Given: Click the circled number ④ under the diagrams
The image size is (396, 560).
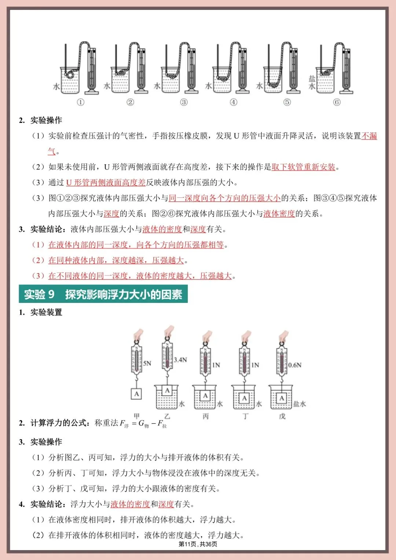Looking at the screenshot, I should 234,102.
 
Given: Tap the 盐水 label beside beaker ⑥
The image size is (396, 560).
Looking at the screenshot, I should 312,83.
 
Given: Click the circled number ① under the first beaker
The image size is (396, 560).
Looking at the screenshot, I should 80,102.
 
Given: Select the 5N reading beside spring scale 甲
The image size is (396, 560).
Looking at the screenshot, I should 147,363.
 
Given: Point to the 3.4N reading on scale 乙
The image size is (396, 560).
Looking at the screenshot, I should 180,360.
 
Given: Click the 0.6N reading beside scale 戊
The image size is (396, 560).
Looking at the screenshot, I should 294,365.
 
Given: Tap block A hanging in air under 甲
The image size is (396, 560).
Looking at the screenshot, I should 136,394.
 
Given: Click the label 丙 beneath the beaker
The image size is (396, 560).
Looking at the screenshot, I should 205,416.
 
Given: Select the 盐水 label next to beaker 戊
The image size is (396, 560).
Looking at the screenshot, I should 299,404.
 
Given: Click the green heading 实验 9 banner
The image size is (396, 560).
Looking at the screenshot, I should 103,294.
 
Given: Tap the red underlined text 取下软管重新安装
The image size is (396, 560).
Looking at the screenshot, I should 303,167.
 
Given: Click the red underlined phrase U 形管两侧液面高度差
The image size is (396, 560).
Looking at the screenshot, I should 106,183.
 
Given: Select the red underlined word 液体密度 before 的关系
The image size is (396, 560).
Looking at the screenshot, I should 279,214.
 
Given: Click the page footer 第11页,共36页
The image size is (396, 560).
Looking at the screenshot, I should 198,544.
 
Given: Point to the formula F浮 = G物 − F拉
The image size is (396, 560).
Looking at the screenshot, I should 143,424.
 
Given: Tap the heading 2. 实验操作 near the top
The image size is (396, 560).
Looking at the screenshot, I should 40,120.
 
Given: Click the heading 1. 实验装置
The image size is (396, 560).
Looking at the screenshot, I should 40,312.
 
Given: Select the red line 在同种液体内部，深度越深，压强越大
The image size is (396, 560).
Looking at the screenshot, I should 116,260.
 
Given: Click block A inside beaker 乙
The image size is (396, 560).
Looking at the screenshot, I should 167,391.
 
